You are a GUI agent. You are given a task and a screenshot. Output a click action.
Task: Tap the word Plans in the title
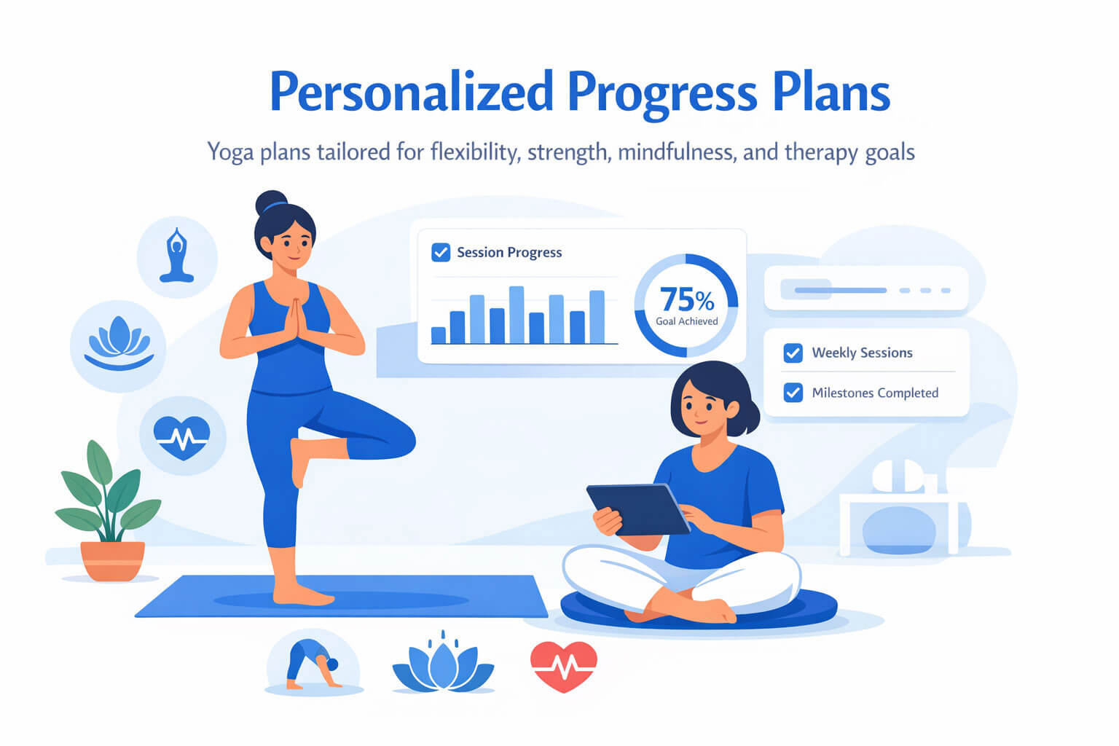tap(831, 92)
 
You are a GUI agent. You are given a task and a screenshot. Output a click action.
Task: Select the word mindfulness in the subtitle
tap(677, 152)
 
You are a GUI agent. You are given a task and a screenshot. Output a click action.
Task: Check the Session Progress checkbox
tap(441, 252)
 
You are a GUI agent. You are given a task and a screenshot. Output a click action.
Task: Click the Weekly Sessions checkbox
tap(793, 353)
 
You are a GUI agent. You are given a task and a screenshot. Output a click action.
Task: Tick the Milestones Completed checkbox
tap(793, 393)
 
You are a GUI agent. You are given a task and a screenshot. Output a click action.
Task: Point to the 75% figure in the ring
tap(688, 299)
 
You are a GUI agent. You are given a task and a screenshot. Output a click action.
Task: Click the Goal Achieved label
tap(687, 321)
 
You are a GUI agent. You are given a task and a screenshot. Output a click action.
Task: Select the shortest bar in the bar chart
tap(438, 335)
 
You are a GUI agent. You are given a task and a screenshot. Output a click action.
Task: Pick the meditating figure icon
tap(176, 255)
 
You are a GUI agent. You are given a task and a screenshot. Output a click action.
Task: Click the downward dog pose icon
tap(313, 664)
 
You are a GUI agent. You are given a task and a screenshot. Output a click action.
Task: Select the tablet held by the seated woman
tap(638, 510)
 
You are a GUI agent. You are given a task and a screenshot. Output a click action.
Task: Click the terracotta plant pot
tap(113, 561)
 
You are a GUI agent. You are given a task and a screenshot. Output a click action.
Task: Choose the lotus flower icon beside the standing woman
tap(119, 343)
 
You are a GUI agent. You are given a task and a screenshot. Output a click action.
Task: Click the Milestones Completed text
tap(875, 393)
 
